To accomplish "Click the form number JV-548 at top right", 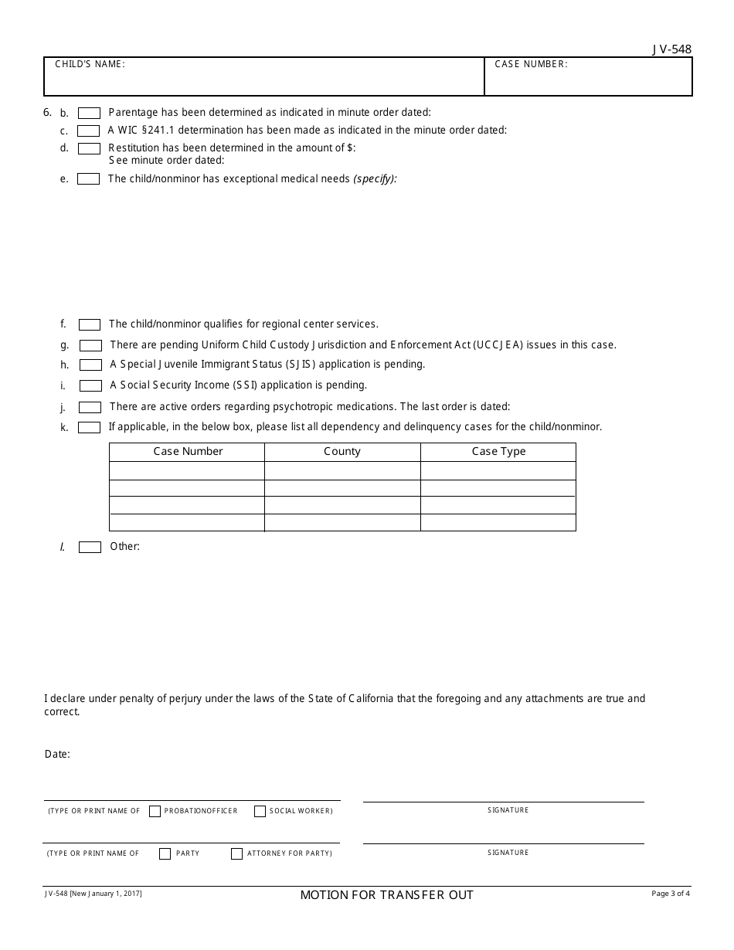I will (671, 49).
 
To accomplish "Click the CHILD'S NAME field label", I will (90, 65).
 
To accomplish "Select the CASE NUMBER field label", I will (531, 65).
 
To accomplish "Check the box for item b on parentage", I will (89, 113).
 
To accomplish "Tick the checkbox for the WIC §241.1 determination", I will (89, 131).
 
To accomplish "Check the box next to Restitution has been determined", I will (89, 148).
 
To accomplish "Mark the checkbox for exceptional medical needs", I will (89, 179).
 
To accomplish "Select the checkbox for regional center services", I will (90, 325).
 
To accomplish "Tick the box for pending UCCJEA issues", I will (90, 345).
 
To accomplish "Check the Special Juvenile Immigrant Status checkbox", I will (90, 365).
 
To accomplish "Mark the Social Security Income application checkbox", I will (90, 385).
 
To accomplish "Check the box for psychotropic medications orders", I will (90, 407).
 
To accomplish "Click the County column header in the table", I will (342, 452).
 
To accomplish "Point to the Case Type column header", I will (498, 452).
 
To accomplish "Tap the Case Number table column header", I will (188, 452).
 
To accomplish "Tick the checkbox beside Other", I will (90, 547).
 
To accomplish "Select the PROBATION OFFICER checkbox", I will (155, 811).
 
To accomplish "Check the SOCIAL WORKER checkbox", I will (260, 811).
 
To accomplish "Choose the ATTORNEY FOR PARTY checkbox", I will (236, 853).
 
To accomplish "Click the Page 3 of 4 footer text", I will (671, 894).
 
